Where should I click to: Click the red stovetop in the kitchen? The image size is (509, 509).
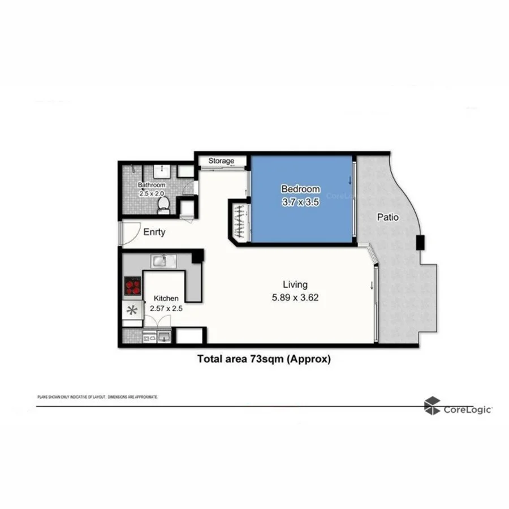pyautogui.click(x=132, y=286)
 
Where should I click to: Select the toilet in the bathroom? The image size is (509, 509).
pyautogui.click(x=163, y=205)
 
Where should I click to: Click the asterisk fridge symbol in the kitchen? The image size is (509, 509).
pyautogui.click(x=132, y=310)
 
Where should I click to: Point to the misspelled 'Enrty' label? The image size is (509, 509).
pyautogui.click(x=154, y=232)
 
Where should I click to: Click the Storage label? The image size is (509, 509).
pyautogui.click(x=221, y=161)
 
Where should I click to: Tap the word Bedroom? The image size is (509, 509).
pyautogui.click(x=300, y=189)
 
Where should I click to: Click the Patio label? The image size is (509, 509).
pyautogui.click(x=388, y=217)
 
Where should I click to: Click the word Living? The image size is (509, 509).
pyautogui.click(x=295, y=284)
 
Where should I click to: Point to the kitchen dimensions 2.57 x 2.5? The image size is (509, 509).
pyautogui.click(x=165, y=309)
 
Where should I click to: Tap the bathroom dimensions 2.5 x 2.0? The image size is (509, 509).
pyautogui.click(x=152, y=193)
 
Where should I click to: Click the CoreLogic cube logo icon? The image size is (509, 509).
pyautogui.click(x=433, y=406)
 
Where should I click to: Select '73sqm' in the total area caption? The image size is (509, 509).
pyautogui.click(x=265, y=359)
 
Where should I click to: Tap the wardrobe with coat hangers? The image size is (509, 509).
pyautogui.click(x=240, y=221)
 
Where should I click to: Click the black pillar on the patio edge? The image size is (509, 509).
pyautogui.click(x=421, y=243)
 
